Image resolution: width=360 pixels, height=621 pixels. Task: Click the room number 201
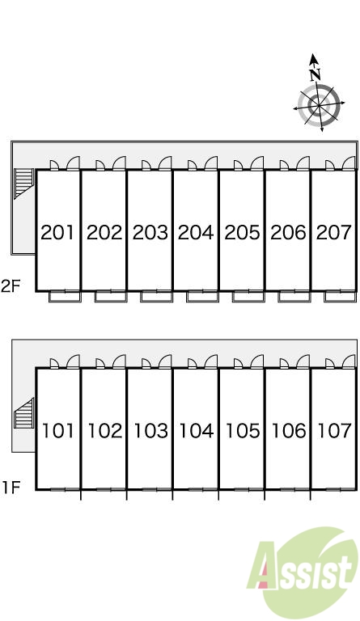click(x=57, y=233)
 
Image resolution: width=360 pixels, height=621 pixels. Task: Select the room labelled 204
click(x=196, y=233)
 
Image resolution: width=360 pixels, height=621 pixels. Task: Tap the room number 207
click(x=334, y=233)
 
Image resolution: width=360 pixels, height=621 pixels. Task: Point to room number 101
click(x=57, y=430)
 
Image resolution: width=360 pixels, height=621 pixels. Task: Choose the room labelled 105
click(x=243, y=430)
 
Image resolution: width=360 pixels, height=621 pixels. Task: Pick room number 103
click(x=150, y=430)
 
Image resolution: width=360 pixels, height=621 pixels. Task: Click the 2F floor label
click(x=11, y=286)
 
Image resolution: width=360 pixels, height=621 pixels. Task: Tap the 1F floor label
click(x=11, y=487)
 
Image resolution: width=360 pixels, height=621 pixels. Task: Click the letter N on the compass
click(x=316, y=74)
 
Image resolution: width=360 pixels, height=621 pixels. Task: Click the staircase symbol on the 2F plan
click(x=23, y=183)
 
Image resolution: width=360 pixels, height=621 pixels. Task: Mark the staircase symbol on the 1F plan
click(x=23, y=413)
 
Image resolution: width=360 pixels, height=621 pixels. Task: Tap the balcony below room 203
click(x=157, y=296)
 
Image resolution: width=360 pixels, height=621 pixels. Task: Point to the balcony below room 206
click(x=294, y=296)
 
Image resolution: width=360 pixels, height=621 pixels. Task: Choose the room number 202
click(x=104, y=233)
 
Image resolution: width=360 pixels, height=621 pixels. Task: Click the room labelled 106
click(x=288, y=430)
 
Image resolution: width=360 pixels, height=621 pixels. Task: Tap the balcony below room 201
click(x=65, y=296)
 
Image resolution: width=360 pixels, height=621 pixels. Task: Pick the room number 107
click(x=335, y=430)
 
